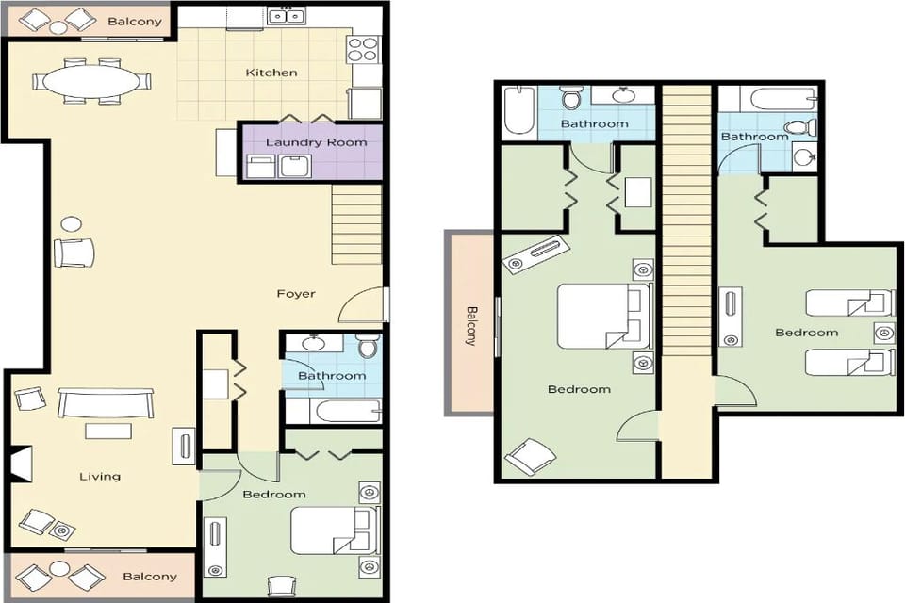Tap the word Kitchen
tap(271, 73)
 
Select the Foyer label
tap(296, 293)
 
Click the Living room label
tap(100, 476)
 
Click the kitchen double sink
tap(288, 15)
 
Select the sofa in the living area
tap(105, 404)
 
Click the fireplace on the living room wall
tap(21, 464)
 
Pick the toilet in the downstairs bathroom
tap(367, 348)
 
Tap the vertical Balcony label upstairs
tap(471, 325)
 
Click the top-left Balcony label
tap(134, 21)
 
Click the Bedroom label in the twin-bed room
tap(806, 332)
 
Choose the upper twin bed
tap(849, 303)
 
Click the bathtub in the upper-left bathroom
tap(518, 110)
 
